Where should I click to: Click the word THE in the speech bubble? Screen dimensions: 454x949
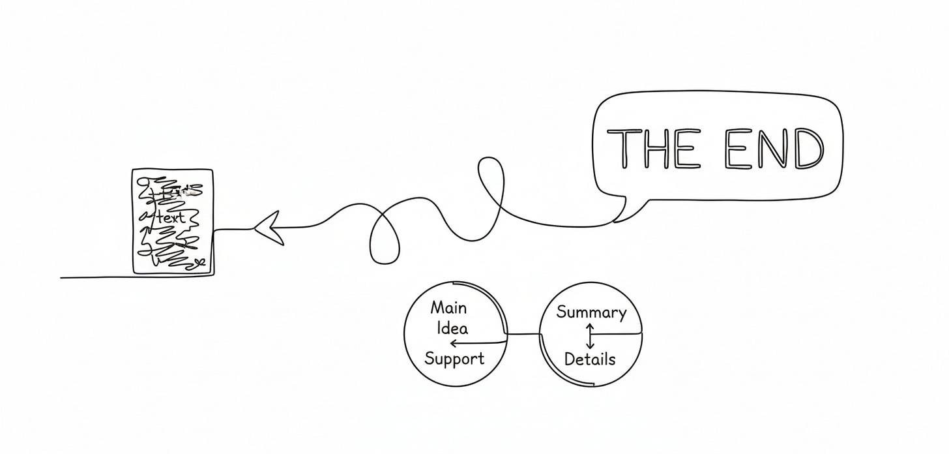(x=659, y=148)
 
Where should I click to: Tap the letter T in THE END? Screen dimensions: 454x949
(x=625, y=148)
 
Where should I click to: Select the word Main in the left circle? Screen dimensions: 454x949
(x=448, y=307)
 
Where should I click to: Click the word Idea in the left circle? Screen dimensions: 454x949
(x=452, y=327)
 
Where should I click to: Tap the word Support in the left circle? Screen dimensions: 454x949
(x=454, y=358)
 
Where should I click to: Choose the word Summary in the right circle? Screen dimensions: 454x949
(x=591, y=312)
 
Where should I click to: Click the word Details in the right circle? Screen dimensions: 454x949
(x=589, y=359)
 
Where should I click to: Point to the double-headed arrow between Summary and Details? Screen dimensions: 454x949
(x=590, y=335)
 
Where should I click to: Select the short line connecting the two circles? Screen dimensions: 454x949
(x=524, y=335)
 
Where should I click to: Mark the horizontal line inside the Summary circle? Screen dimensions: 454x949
(x=617, y=333)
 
